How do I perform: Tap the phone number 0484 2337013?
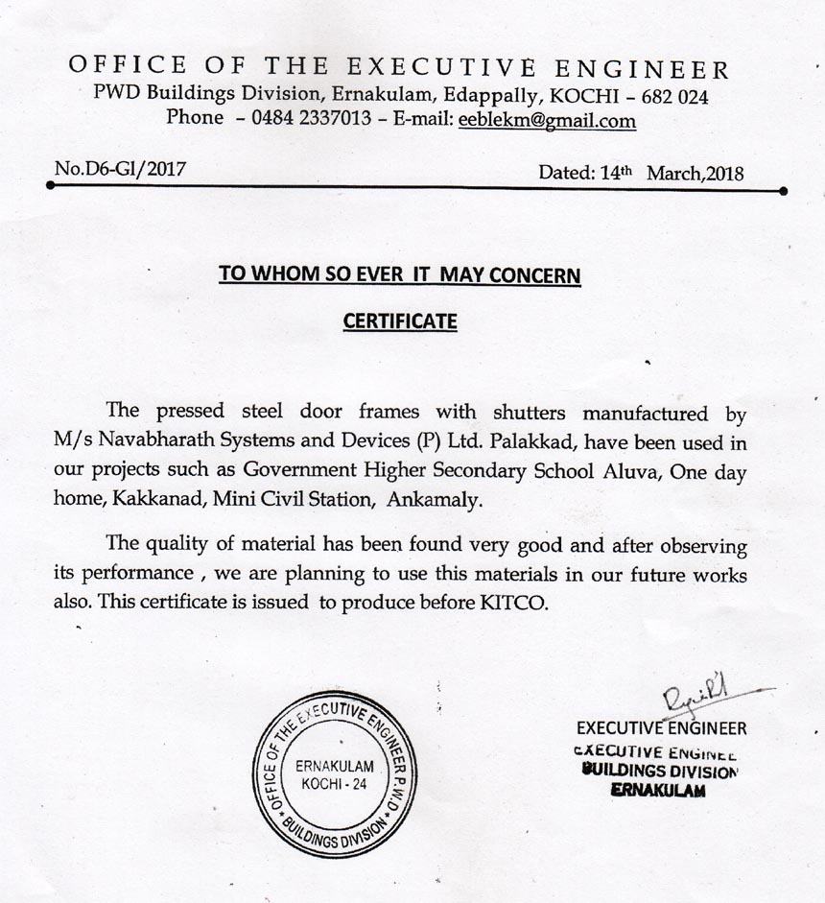tap(310, 120)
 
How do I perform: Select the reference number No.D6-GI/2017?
tap(120, 170)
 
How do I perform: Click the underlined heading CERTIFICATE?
tap(400, 321)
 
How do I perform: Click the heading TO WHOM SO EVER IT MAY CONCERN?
tap(400, 274)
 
